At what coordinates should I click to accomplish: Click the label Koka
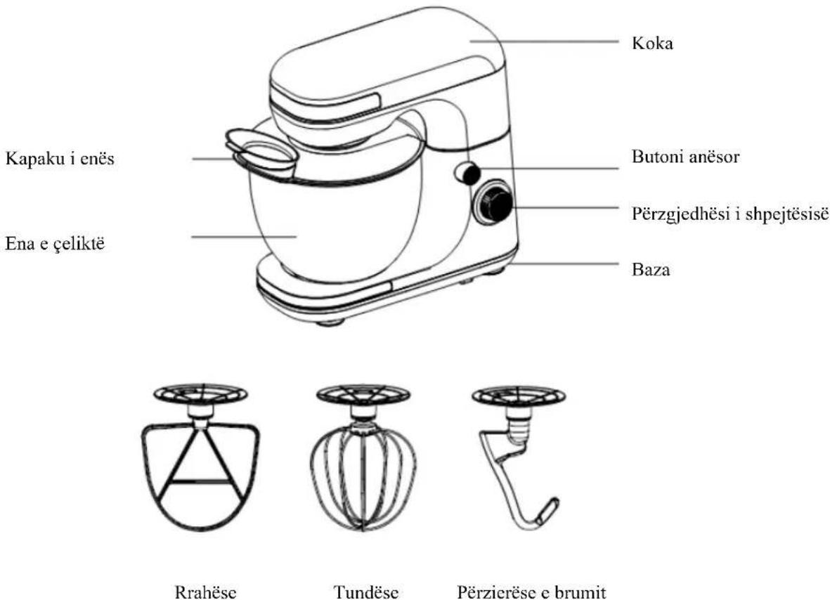[x=652, y=43]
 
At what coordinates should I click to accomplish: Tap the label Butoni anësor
[x=685, y=157]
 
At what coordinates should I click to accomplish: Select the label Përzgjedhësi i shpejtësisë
[x=730, y=214]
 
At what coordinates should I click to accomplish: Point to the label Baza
[x=651, y=269]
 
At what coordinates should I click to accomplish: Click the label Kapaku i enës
[x=60, y=158]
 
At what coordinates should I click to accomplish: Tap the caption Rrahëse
[x=205, y=592]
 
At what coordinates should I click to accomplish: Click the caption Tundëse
[x=365, y=592]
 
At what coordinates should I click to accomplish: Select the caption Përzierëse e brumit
[x=531, y=592]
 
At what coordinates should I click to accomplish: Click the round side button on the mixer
[x=467, y=174]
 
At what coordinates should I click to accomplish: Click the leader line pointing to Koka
[x=544, y=41]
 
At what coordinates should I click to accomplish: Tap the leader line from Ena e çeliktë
[x=243, y=237]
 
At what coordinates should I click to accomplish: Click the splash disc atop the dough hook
[x=518, y=396]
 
